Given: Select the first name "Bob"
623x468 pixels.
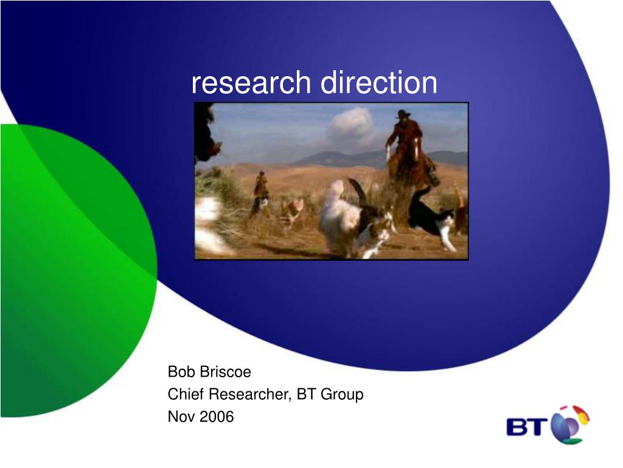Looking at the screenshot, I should pos(181,372).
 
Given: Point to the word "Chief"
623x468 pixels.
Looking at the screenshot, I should pos(186,394).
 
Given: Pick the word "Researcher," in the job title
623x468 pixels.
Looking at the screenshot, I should pos(251,394).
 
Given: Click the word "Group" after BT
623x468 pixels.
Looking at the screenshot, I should pos(342,394).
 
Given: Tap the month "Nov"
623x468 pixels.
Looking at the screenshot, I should pos(181,417).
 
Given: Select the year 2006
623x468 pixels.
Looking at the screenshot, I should pos(216,417).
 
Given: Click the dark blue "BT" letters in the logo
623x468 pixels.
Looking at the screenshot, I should pos(526,427).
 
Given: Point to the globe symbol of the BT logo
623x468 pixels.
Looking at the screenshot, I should pos(569,425).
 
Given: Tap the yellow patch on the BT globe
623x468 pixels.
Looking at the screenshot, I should pos(583,416).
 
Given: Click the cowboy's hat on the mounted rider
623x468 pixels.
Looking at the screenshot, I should pos(403,114).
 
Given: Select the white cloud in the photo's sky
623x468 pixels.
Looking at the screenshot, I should pos(351,125).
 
